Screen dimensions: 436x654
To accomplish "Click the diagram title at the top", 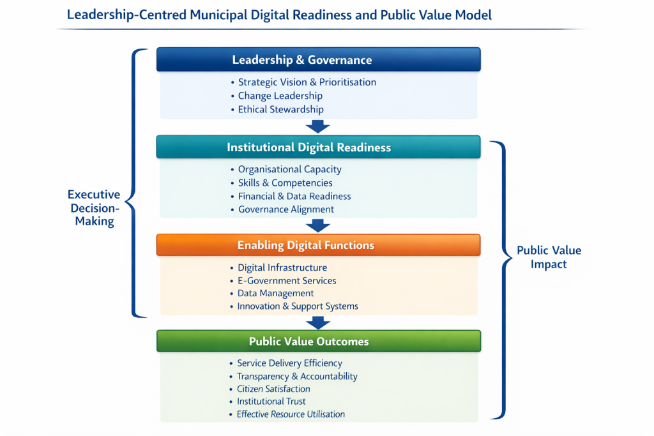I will [x=279, y=15].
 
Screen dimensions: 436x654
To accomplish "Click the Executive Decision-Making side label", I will [x=94, y=208].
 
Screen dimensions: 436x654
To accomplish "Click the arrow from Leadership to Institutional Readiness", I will [x=318, y=126].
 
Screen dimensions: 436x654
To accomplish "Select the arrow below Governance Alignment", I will [x=318, y=225].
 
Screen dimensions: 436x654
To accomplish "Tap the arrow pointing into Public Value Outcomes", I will [x=318, y=322].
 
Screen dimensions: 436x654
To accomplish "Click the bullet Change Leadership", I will [x=280, y=96].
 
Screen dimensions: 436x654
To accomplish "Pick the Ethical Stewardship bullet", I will [x=280, y=109].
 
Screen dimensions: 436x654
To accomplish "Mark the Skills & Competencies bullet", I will [x=285, y=183].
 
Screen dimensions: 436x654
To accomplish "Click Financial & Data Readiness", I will [x=294, y=197].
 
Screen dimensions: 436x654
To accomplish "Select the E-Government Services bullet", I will [x=287, y=281].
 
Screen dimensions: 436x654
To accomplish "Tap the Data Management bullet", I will [x=275, y=294].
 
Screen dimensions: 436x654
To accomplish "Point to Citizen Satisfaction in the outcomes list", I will [x=273, y=389].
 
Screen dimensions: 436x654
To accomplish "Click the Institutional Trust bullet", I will [x=271, y=402].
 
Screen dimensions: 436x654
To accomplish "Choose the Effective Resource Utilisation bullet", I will [x=291, y=414].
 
